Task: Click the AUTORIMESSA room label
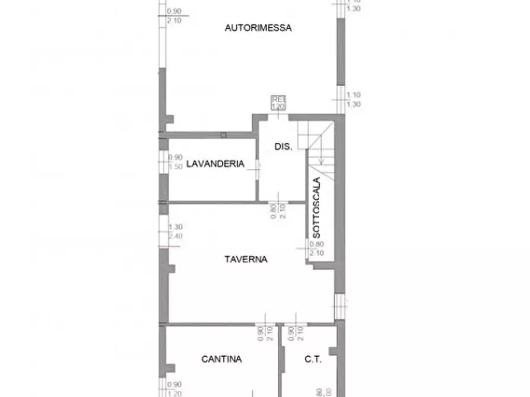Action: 258,27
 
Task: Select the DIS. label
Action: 283,146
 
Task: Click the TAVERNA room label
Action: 246,259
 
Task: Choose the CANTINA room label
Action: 221,358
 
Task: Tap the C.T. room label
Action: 313,358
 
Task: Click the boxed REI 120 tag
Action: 278,103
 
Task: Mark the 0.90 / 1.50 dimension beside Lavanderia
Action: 175,162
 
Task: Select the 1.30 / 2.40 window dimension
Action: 175,232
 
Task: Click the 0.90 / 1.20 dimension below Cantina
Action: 175,388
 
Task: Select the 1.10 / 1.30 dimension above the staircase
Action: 353,100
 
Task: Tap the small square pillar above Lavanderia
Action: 223,135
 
